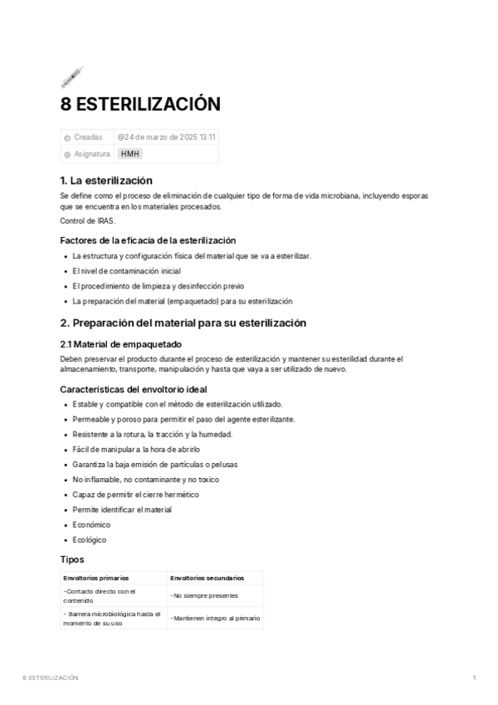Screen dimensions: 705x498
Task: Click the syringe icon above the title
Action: tap(72, 76)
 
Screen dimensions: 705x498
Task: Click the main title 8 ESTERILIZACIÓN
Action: tap(140, 105)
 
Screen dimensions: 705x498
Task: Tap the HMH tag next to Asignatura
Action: tap(130, 154)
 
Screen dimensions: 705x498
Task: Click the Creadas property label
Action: tap(88, 137)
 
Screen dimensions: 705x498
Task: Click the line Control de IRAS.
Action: tap(88, 220)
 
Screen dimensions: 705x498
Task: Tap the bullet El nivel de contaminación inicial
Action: tap(126, 271)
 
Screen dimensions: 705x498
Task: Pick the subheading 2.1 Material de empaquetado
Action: tap(121, 344)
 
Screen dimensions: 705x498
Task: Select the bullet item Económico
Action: tap(91, 525)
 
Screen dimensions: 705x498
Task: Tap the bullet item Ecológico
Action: tap(90, 540)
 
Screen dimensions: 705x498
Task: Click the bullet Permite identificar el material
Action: tap(122, 510)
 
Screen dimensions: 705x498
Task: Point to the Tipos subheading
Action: tap(72, 560)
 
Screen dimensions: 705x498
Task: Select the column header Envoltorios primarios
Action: tap(95, 577)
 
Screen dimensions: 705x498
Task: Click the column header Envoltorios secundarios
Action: tap(207, 577)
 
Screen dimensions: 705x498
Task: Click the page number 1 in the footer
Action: tap(474, 678)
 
